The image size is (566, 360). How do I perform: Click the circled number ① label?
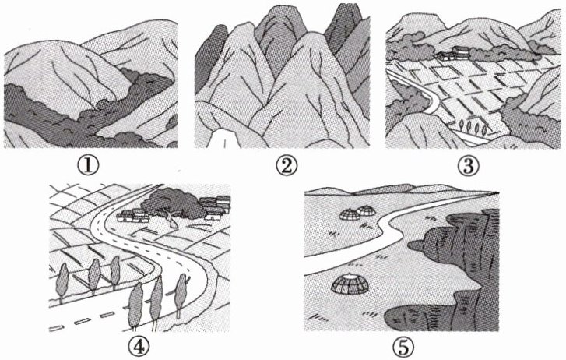87,165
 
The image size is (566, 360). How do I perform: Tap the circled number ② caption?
287,166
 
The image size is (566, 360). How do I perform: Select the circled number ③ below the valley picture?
468,166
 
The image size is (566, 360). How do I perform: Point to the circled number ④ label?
139,347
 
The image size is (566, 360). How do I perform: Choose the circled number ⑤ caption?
403,348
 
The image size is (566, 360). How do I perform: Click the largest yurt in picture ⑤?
350,284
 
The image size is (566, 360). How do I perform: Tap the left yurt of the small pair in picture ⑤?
350,214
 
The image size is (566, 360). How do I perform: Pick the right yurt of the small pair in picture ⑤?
367,210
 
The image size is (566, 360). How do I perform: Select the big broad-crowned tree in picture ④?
170,204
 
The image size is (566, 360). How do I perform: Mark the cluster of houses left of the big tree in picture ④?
132,215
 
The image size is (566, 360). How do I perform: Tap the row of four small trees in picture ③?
473,127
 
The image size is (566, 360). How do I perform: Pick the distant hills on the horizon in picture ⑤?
390,190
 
